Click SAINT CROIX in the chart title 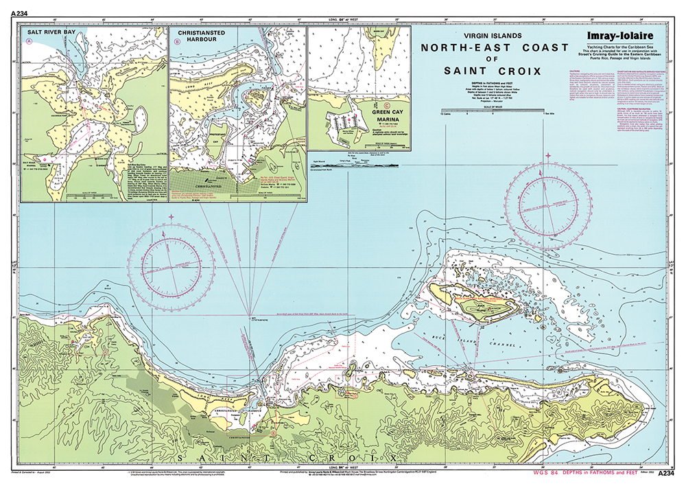coord(492,71)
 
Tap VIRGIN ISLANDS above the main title coord(492,34)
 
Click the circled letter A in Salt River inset coord(29,42)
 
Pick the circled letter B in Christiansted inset coord(178,42)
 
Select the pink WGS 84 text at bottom coord(556,473)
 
